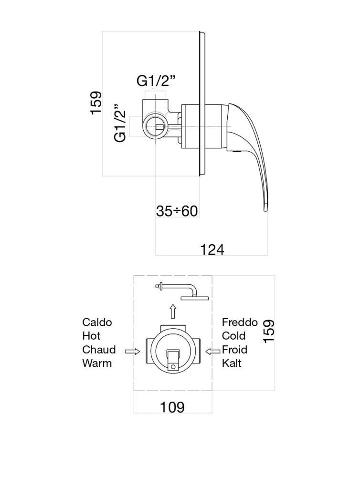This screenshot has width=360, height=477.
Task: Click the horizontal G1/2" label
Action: pos(156,81)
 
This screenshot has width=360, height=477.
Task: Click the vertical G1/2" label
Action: pos(120,123)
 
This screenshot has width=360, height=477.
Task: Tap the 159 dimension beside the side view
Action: pos(96,103)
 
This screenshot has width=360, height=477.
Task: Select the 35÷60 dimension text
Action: pos(177,211)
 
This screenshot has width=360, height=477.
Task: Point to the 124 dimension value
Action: pos(212,250)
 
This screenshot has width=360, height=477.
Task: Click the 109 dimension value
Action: pos(172,407)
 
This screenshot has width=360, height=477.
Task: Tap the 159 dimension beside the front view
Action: pos(269,332)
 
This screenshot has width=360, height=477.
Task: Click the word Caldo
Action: pos(97,322)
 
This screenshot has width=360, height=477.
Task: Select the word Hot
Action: pos(91,336)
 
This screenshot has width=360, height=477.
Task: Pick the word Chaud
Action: pos(99,350)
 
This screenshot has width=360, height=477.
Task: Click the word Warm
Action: pos(97,363)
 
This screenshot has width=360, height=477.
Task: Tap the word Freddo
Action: pos(240,322)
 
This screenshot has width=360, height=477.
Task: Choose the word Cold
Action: pos(233,336)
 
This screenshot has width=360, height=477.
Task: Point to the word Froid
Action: pos(234,350)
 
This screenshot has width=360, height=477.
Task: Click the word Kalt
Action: pos(232,363)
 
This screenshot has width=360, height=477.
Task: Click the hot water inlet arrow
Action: pos(132,352)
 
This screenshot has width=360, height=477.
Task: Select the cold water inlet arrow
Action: pos(212,352)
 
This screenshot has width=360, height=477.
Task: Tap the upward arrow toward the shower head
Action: pos(173,311)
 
